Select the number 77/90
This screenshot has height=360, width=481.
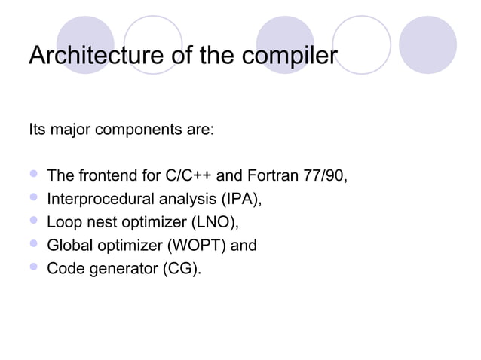325,178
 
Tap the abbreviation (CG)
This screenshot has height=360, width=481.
181,267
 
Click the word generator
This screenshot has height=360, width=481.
117,267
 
